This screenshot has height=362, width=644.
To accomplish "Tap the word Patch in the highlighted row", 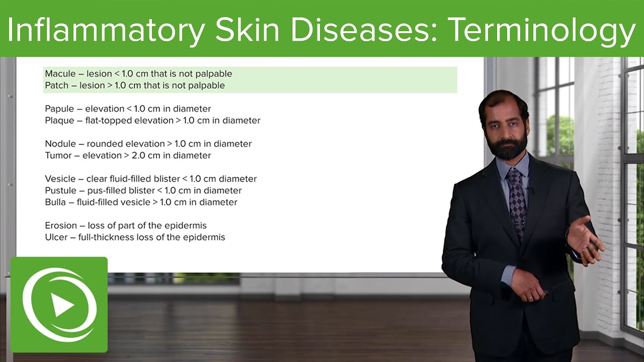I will coord(56,85).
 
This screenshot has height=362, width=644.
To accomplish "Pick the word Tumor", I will coord(58,155).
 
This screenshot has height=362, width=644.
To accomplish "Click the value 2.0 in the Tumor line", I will coord(139,155).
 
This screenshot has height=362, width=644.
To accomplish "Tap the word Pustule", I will coord(60,191).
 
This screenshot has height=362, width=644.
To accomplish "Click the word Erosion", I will coord(61,226).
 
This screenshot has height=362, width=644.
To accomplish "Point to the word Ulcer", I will coord(56,237).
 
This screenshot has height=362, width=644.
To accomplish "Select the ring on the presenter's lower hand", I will coord(529,298).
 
